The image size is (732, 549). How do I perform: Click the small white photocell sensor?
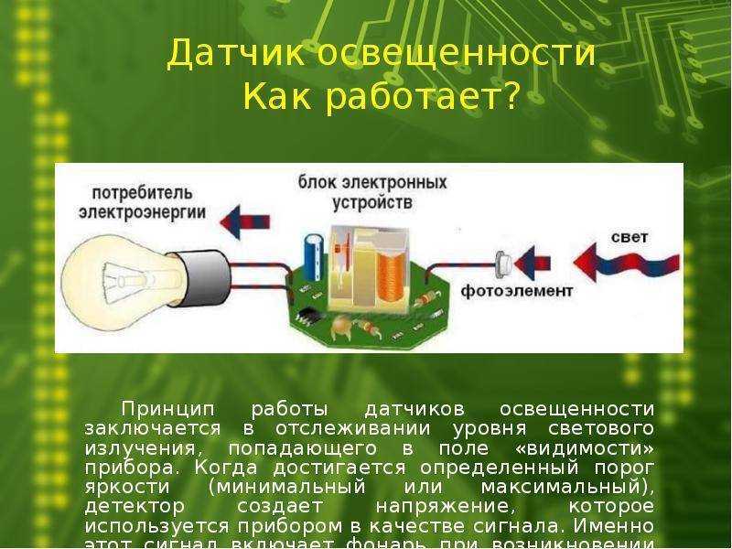(501, 264)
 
